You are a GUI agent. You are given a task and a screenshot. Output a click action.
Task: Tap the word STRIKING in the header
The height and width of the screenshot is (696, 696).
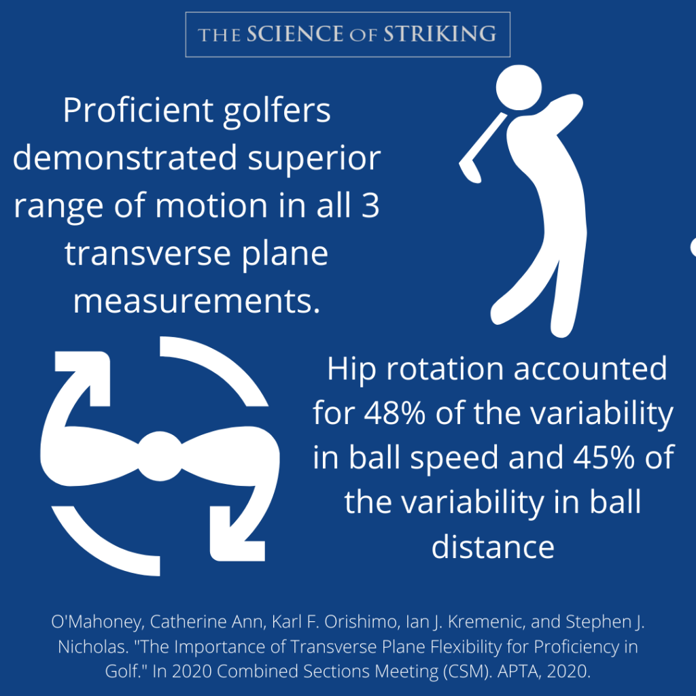point(440,34)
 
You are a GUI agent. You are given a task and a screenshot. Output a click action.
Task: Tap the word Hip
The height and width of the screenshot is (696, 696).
point(348,369)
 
